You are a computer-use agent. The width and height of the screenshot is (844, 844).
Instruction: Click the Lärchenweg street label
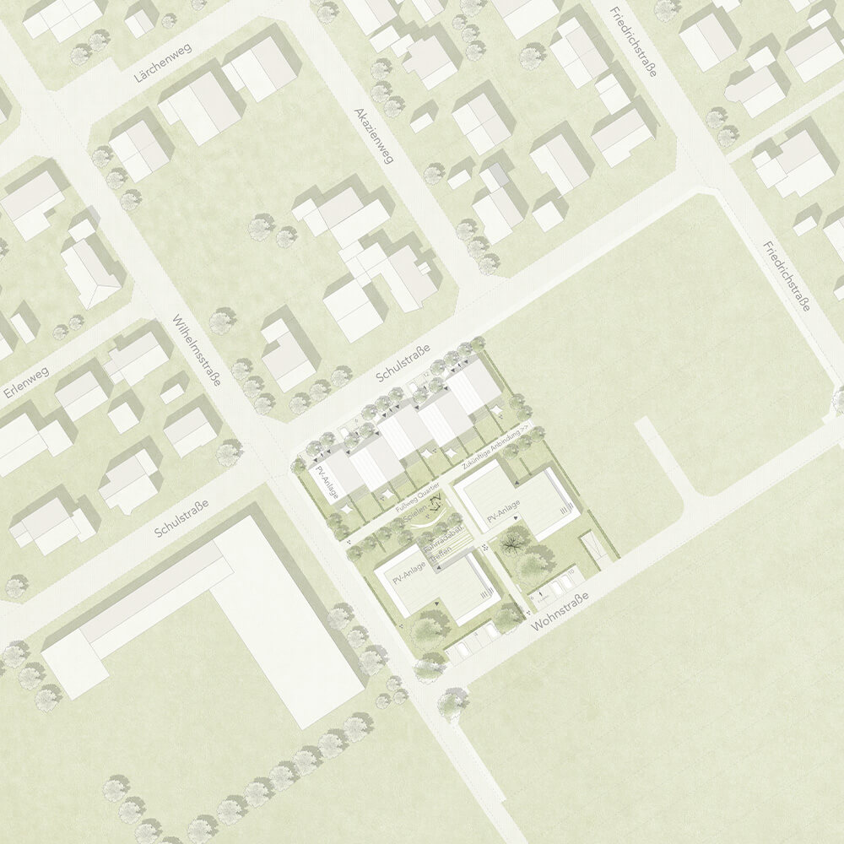pyautogui.click(x=163, y=63)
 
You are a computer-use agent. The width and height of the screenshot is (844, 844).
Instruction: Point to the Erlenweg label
pyautogui.click(x=26, y=382)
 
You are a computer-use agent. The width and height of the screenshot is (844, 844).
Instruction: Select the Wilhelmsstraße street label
pyautogui.click(x=196, y=350)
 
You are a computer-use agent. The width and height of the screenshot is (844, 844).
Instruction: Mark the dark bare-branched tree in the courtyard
pyautogui.click(x=512, y=546)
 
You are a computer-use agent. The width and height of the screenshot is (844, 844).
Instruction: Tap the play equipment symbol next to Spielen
pyautogui.click(x=437, y=506)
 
